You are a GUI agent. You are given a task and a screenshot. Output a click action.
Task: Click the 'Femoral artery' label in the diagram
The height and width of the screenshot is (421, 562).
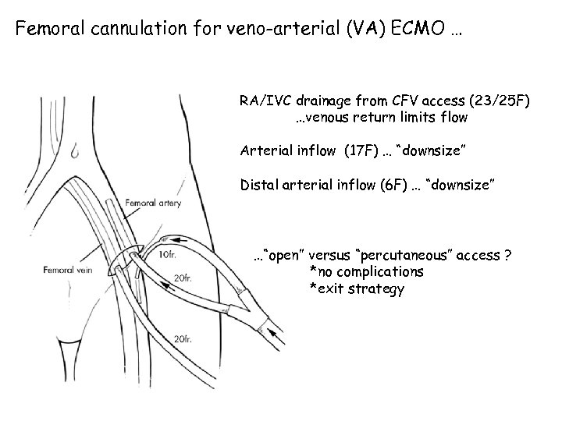coord(153,201)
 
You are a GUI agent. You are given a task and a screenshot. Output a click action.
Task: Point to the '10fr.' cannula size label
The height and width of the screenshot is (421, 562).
coord(167,255)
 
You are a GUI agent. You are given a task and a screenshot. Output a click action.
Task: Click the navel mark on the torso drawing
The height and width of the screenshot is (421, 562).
coord(73,149)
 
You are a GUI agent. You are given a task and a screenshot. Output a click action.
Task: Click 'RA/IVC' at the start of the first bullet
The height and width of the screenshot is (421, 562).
coord(265,101)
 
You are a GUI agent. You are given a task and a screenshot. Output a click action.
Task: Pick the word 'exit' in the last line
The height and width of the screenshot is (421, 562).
coord(329,289)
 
